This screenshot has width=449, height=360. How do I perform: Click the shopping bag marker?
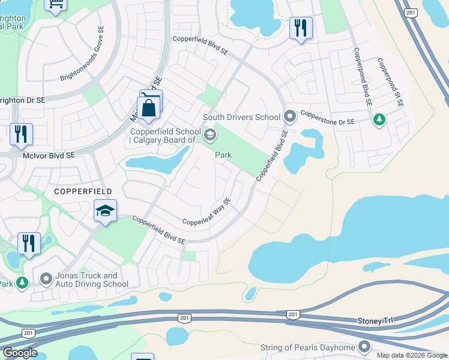coord(148,109)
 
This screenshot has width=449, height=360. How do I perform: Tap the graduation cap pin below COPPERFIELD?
coord(105,211)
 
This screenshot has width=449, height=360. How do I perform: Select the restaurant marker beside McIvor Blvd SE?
coord(21,134)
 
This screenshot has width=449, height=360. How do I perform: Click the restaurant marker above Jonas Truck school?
coord(29,244)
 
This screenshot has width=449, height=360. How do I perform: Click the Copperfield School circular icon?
coord(209,134)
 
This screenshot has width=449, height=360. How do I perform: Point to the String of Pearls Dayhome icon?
coord(364,347)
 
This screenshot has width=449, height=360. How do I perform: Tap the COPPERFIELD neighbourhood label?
coord(83,191)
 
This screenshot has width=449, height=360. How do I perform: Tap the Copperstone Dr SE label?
coord(328,117)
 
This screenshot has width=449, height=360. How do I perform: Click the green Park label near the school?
coord(223,155)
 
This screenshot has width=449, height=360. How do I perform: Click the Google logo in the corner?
coord(19,353)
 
